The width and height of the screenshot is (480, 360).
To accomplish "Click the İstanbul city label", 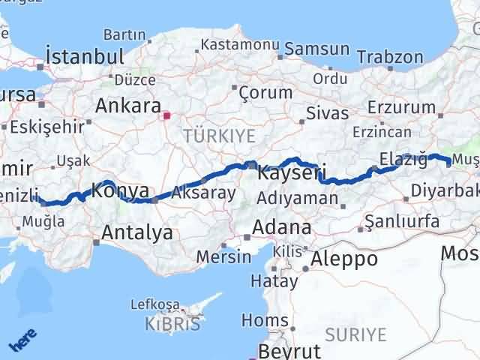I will pos(84,56).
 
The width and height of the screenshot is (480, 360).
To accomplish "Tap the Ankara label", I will pos(128,105).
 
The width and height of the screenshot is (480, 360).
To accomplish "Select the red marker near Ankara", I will pos(167,115).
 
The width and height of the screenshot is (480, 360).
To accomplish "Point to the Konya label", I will pos(120,191).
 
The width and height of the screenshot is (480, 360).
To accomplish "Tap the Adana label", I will pos(282,226).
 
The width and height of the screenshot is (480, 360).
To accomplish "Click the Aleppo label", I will pos(346,259).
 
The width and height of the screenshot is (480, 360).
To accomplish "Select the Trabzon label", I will pos(390,57).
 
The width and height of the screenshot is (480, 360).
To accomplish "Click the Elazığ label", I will pos(403,158).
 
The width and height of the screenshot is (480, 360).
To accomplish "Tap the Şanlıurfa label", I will pos(400,220).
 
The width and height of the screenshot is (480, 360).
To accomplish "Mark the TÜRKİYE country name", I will pos(220,136).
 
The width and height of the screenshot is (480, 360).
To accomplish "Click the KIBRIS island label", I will pos(173,324).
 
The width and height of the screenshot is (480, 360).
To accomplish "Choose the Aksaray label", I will pos(203,193).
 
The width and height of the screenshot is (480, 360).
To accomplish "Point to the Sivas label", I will pos(328,113).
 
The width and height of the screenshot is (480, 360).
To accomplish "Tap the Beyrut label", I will pos(289,351).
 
